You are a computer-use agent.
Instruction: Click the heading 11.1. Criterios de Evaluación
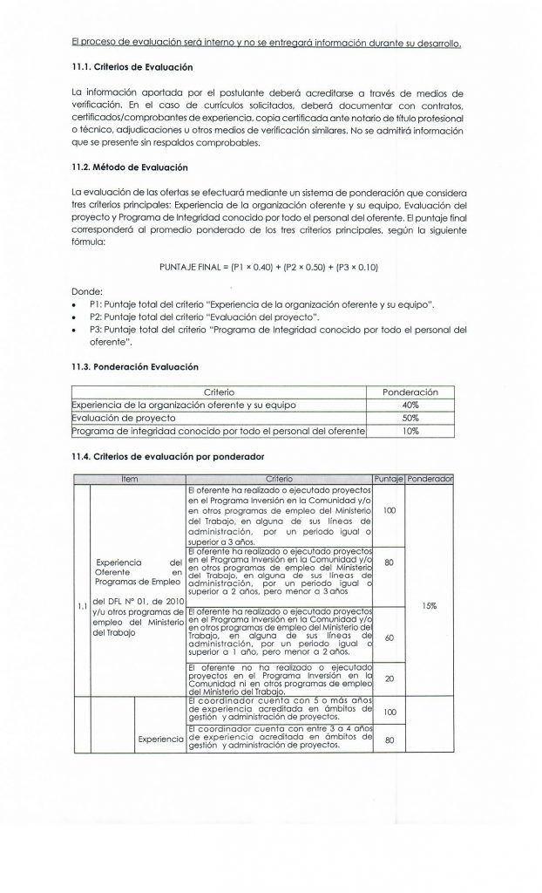[x=144, y=67]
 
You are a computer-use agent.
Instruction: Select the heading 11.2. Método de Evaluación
[x=140, y=166]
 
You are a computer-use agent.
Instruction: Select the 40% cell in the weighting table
[x=411, y=406]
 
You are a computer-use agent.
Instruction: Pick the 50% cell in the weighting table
[x=411, y=418]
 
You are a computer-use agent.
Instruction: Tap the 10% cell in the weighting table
[x=411, y=430]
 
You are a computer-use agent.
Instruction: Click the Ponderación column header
[x=411, y=392]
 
